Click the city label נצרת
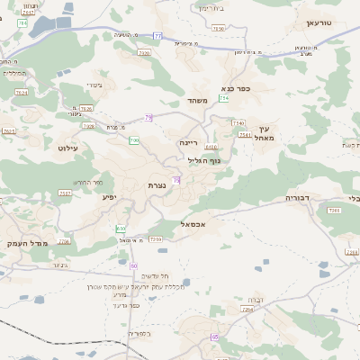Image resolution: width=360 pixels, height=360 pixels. click(157, 184)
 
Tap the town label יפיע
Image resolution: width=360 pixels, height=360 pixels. click(109, 196)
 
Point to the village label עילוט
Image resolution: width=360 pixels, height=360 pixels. click(68, 147)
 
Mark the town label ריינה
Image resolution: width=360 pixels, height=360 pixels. click(187, 142)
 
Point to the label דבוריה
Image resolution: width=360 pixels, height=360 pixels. click(297, 196)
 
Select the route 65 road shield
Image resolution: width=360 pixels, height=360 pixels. click(214, 337)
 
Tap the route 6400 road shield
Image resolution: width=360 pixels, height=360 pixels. click(211, 147)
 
